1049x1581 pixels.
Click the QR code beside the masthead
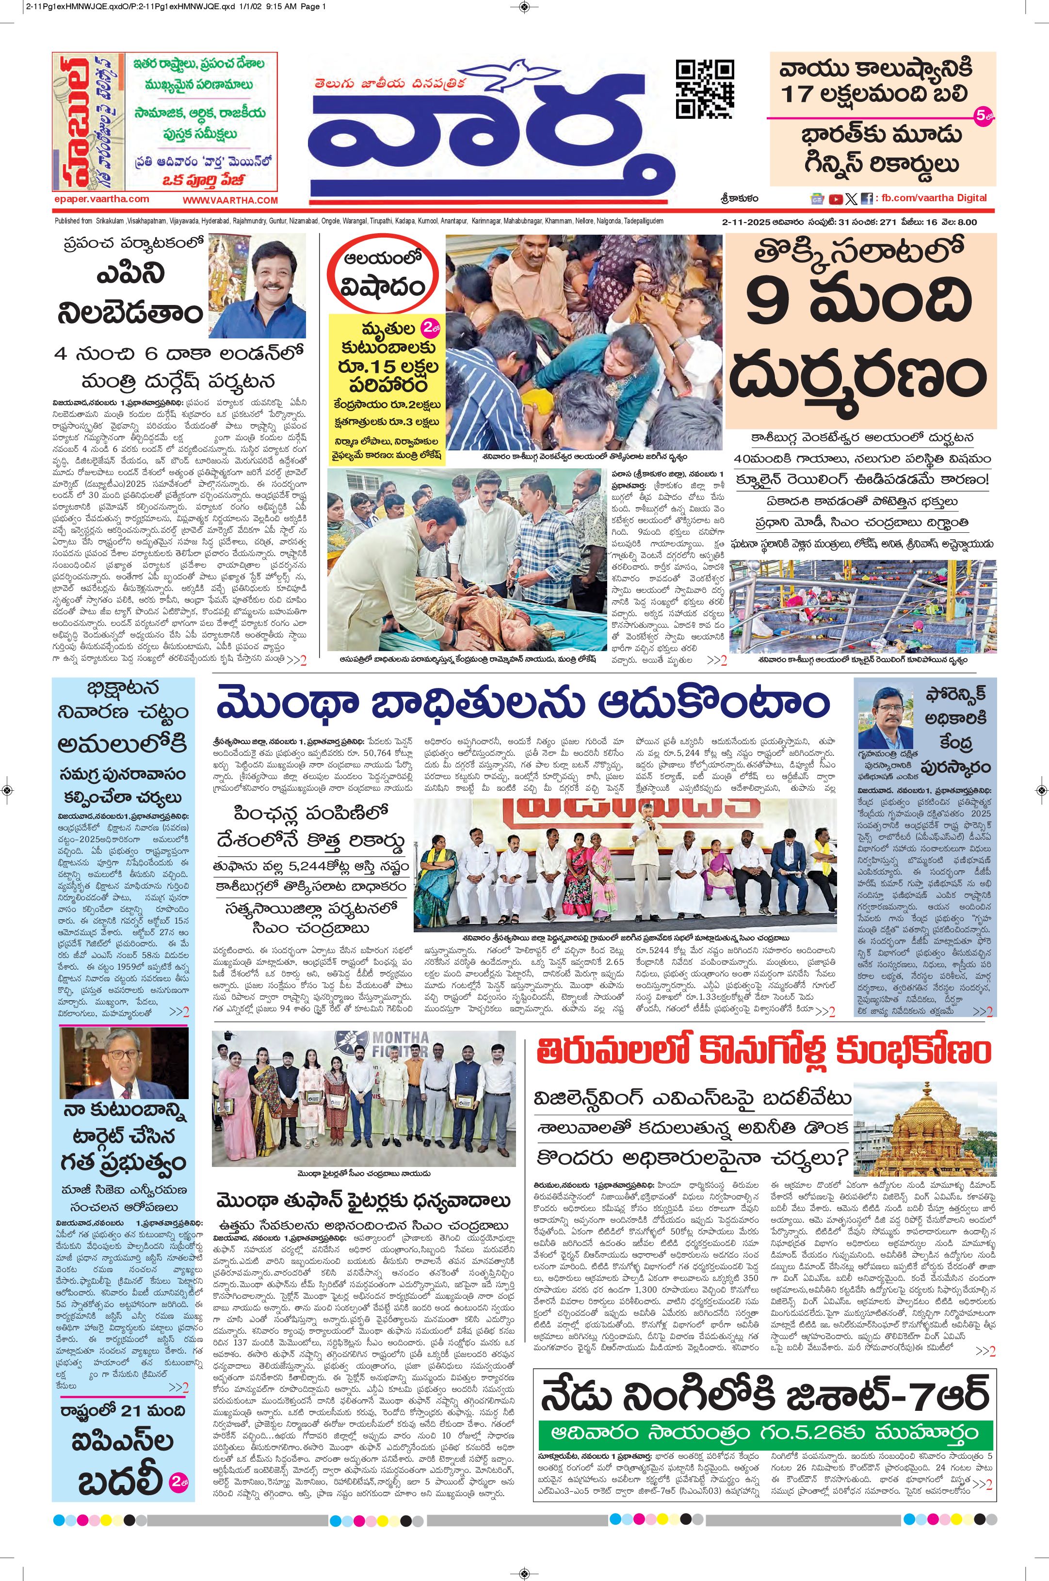tap(705, 89)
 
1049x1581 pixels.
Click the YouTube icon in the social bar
tap(836, 199)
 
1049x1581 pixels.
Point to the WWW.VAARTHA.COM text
tap(230, 200)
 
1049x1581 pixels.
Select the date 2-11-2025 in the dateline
tap(749, 222)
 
